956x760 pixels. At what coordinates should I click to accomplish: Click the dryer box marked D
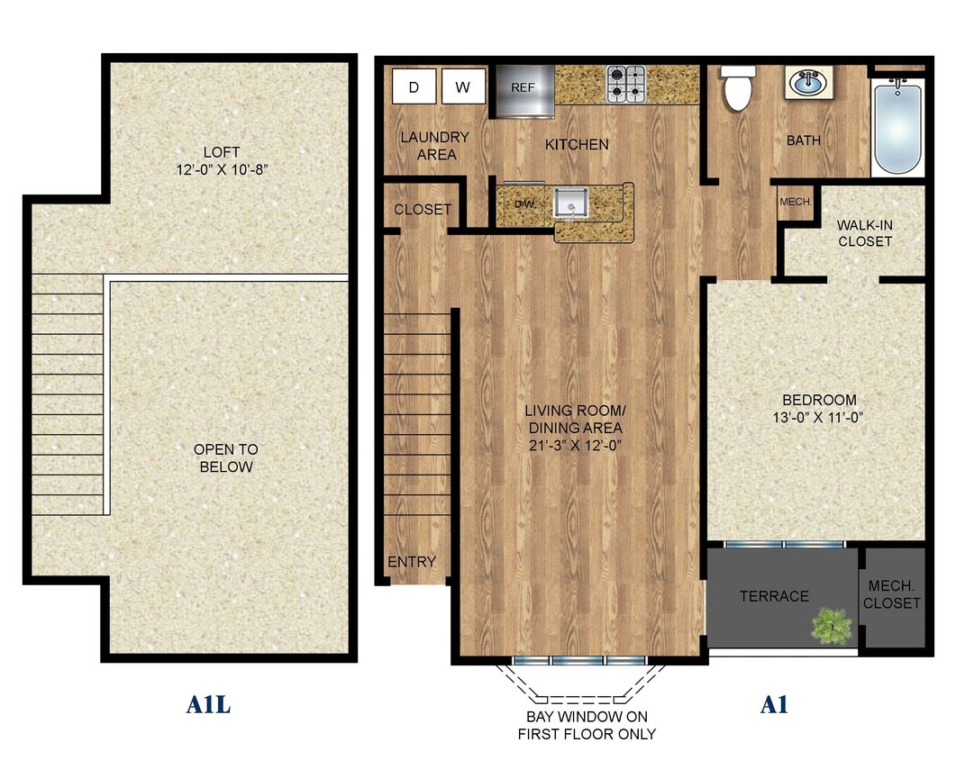(x=414, y=87)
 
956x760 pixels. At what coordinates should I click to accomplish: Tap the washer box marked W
(x=463, y=87)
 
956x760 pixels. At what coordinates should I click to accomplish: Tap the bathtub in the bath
(x=897, y=125)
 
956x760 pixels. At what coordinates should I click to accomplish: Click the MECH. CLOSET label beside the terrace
(x=894, y=594)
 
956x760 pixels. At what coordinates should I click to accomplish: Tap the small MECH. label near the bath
(x=796, y=202)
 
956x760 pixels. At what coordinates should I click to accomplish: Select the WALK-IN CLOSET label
(x=864, y=232)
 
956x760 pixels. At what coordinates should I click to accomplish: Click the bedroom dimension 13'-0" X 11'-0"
(x=819, y=416)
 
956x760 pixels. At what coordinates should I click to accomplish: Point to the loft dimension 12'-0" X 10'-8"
(x=222, y=168)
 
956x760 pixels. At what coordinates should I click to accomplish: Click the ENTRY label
(x=412, y=562)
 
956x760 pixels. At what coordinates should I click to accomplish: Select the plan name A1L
(x=209, y=704)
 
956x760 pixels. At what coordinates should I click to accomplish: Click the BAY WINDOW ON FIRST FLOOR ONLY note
(x=587, y=725)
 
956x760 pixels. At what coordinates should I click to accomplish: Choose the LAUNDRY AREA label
(x=435, y=146)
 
